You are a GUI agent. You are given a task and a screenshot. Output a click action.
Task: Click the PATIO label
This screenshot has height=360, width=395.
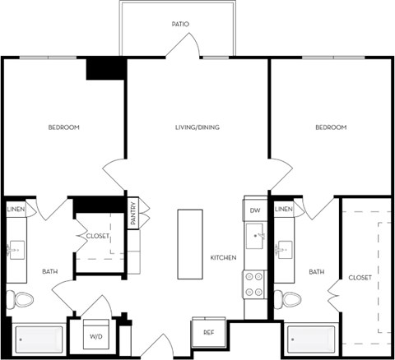(180, 24)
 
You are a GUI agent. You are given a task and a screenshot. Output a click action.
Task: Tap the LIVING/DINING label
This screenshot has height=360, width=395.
(197, 127)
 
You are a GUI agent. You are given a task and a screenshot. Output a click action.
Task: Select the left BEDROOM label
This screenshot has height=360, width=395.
(63, 127)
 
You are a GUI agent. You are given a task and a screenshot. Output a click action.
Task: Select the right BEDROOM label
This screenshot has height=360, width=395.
(331, 127)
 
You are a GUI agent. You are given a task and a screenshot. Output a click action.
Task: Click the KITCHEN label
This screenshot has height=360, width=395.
(223, 257)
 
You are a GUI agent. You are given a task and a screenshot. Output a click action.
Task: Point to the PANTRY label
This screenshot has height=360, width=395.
(132, 213)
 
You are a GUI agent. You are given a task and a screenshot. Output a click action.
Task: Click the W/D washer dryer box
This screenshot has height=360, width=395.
(95, 335)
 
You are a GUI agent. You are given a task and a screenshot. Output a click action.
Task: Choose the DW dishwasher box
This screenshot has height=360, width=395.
(255, 211)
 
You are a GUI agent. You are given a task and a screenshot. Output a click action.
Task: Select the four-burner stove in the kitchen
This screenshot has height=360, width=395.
(254, 284)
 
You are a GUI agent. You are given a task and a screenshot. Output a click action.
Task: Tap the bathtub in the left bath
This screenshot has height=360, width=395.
(39, 339)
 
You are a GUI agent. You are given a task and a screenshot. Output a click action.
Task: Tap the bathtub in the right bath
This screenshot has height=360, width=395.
(312, 339)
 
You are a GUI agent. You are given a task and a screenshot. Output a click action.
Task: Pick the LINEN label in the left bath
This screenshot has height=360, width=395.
(16, 210)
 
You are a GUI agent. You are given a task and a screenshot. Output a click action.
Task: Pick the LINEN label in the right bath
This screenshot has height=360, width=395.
(283, 210)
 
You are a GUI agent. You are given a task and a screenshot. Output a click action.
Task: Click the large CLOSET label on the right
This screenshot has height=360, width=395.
(360, 277)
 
